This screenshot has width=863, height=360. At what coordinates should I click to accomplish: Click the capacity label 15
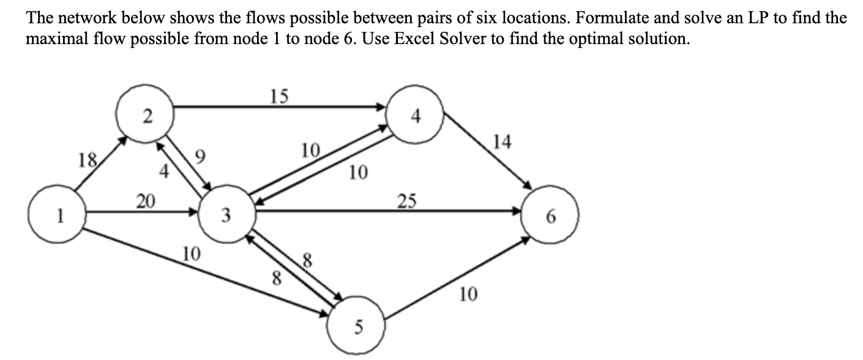click(x=280, y=97)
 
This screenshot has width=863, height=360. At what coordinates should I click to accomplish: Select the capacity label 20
click(x=146, y=200)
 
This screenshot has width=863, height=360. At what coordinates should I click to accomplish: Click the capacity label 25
click(x=408, y=200)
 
